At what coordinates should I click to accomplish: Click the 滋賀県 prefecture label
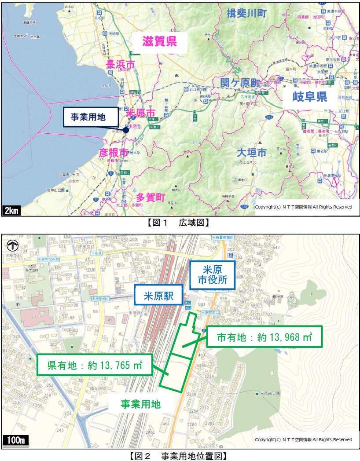(x=159, y=42)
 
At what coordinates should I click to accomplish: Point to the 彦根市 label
(x=114, y=153)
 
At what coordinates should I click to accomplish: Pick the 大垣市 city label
(x=251, y=153)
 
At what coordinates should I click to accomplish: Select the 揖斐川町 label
(x=247, y=14)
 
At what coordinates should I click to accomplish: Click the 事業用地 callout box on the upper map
(x=90, y=117)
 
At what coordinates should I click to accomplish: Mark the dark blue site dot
(x=126, y=130)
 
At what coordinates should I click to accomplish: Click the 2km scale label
(x=11, y=211)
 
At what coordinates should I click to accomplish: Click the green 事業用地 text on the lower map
(x=140, y=404)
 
